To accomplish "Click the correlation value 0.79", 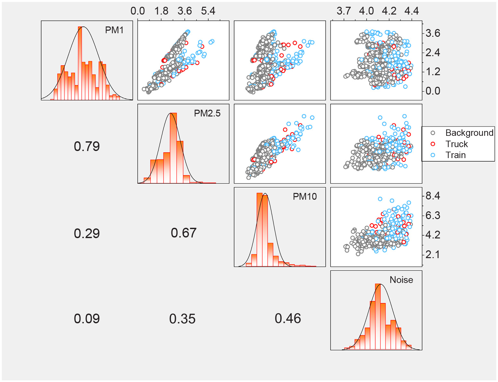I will click(x=87, y=146).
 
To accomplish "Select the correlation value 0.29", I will click(x=87, y=233).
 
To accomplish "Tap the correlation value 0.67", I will click(x=184, y=233).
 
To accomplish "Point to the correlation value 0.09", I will click(x=87, y=319).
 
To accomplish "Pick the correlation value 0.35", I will click(x=182, y=319).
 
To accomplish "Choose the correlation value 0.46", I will click(x=288, y=318).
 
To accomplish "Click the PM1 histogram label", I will click(x=114, y=30).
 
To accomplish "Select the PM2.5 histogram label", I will click(x=207, y=113).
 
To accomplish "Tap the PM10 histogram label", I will click(x=305, y=196).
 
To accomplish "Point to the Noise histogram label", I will click(x=401, y=280).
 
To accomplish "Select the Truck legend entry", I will click(x=456, y=144).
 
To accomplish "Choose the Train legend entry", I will click(x=455, y=155).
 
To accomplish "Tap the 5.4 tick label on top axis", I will click(x=208, y=11).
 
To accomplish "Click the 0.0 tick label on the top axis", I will click(x=138, y=11).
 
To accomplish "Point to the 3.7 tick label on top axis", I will click(x=344, y=11).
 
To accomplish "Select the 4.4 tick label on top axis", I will click(x=412, y=11).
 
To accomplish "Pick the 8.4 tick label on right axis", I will click(x=433, y=196).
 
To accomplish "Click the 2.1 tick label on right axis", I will click(x=433, y=254).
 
